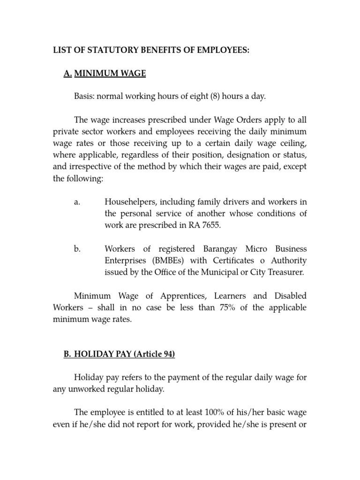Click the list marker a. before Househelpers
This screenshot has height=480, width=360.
pyautogui.click(x=77, y=202)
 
